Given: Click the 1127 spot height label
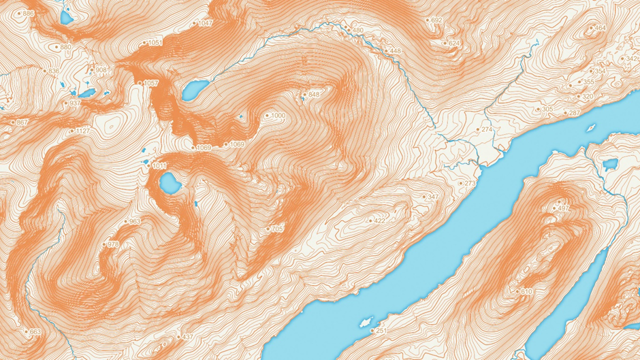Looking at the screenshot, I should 82,131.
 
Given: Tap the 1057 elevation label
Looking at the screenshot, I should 150,83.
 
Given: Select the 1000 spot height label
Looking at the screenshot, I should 277,116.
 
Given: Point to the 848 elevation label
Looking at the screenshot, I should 313,94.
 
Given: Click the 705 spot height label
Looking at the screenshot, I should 276,229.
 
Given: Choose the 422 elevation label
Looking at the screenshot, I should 379,220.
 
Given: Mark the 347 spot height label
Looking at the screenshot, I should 433,197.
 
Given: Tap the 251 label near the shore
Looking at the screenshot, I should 381,331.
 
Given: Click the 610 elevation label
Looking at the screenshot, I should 526,291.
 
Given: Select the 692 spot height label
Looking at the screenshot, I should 436,20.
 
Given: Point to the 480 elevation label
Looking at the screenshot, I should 357,31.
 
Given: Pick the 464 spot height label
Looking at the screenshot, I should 600,28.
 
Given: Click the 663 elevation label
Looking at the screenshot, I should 35,332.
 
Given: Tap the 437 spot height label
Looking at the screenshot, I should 188,337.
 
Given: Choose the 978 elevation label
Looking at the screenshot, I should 113,244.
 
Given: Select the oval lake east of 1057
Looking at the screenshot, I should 195,88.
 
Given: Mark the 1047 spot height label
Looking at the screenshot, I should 205,23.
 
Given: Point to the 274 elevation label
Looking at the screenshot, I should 486,129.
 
